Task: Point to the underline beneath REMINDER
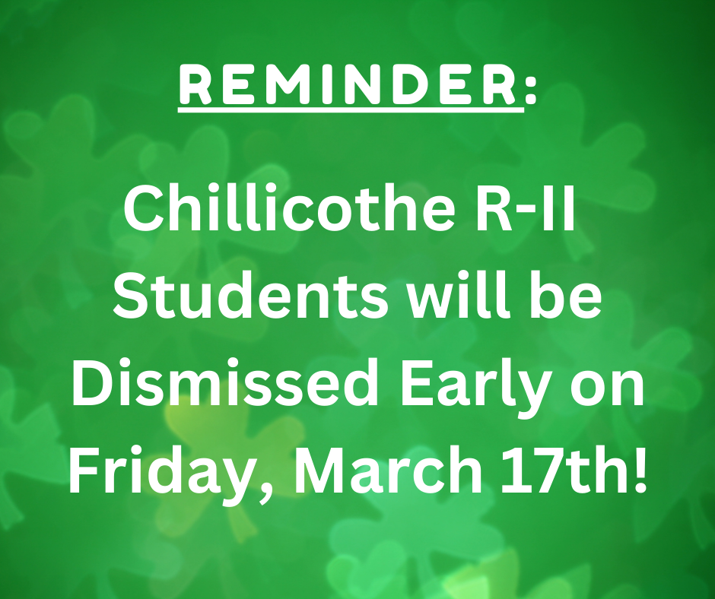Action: (351, 109)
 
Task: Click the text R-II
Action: (525, 209)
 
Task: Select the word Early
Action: (475, 388)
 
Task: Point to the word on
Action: (608, 389)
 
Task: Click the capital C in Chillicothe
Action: (143, 209)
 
